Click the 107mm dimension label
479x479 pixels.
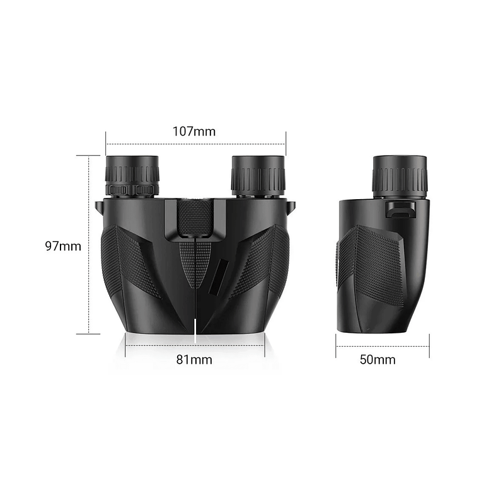tap(194, 132)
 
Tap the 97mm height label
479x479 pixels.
tap(63, 246)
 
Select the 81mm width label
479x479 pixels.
tap(194, 360)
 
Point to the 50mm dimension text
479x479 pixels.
tap(378, 360)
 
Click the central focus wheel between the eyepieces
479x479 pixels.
tap(195, 217)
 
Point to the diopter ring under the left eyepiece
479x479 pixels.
tap(132, 189)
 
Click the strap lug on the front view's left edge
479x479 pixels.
tap(98, 207)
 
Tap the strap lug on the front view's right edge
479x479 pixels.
tap(291, 207)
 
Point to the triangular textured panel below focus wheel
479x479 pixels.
tap(195, 262)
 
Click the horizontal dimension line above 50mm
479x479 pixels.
tap(383, 346)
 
